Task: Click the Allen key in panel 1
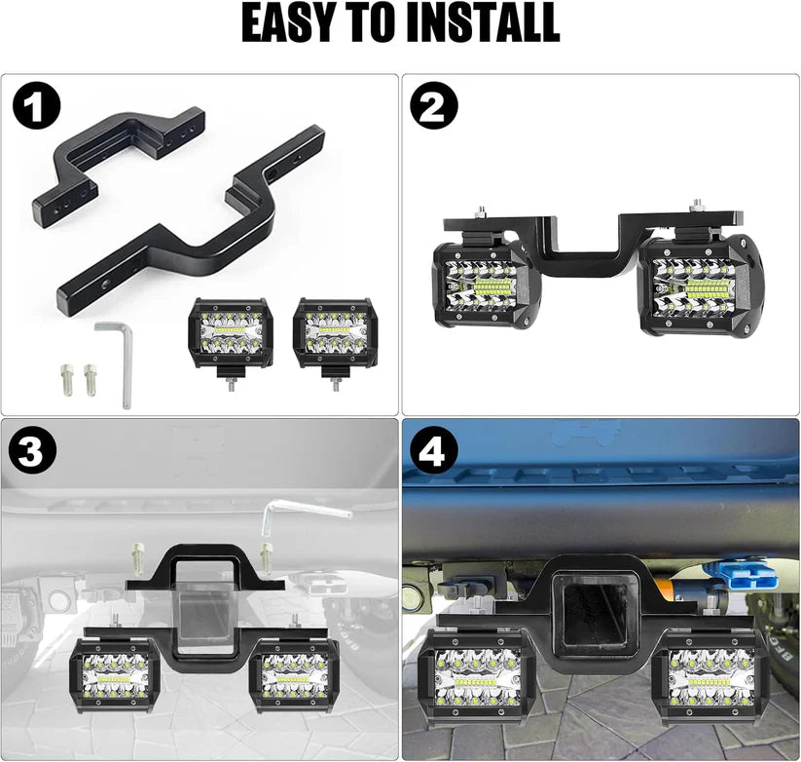pos(117,361)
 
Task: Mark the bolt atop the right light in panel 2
pos(697,206)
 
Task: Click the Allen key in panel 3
pos(307,512)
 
